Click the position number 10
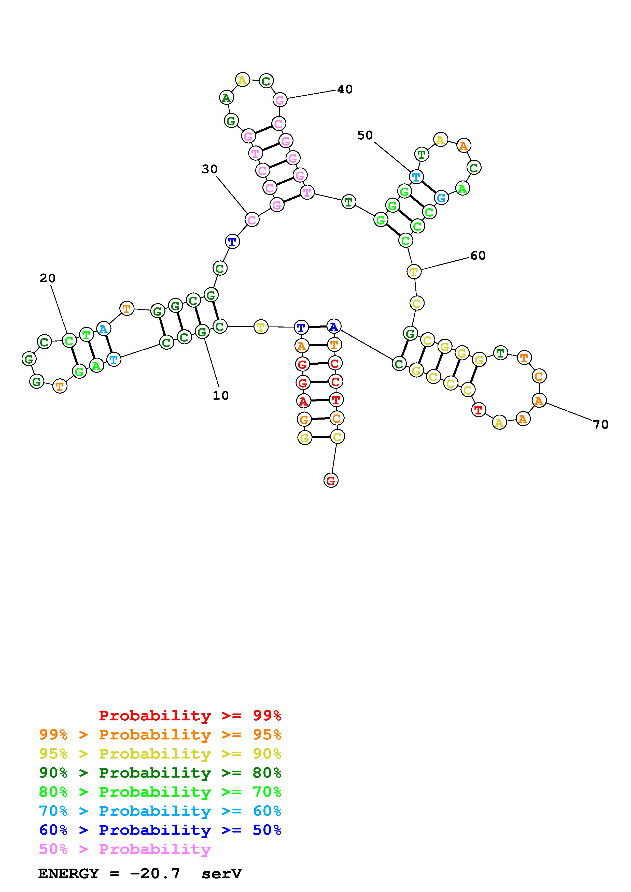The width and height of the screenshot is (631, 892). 220,395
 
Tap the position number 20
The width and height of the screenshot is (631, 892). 47,278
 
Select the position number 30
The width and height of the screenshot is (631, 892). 209,169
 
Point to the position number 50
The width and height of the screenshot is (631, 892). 365,135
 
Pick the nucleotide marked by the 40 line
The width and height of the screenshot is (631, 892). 280,100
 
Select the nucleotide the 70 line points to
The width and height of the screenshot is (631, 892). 539,400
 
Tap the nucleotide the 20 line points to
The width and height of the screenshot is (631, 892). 69,341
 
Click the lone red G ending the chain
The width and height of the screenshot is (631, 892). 331,481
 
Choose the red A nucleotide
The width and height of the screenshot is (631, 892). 303,400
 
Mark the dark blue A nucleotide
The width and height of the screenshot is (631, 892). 334,326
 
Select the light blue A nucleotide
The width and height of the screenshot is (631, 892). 103,329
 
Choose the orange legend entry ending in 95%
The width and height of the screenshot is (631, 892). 160,735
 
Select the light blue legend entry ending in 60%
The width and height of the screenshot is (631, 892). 160,811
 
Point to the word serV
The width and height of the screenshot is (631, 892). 222,874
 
